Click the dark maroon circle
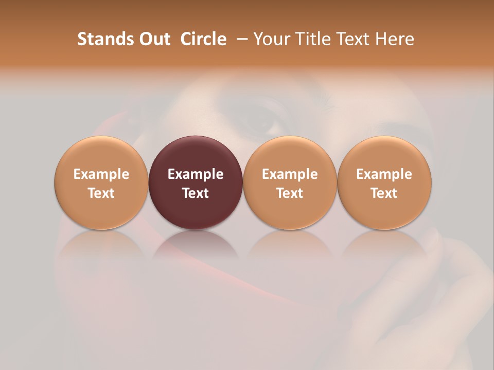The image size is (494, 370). click(x=196, y=154)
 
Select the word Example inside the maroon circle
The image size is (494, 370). click(x=196, y=174)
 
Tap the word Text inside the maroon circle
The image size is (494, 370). click(x=196, y=193)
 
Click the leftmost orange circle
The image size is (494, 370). click(x=101, y=154)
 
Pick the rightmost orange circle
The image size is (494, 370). click(x=384, y=154)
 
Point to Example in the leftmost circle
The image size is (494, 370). click(x=101, y=174)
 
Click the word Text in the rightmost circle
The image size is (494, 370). click(x=384, y=193)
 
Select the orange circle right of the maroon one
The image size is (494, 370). click(x=290, y=154)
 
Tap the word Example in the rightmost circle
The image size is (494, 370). click(x=384, y=174)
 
